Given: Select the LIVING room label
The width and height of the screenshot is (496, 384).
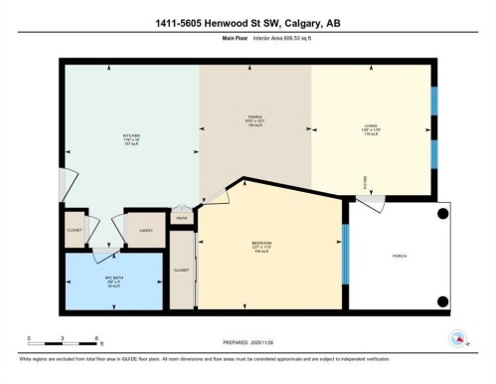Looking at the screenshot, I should (370, 126).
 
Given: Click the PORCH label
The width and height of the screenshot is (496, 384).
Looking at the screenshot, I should (400, 256).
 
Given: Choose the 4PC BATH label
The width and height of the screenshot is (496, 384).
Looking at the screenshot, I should (113, 280).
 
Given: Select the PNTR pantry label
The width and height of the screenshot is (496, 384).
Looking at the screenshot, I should (181, 218).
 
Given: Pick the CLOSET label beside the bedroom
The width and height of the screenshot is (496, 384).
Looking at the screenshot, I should (181, 270).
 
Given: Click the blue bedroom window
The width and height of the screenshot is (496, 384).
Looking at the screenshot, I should (344, 255).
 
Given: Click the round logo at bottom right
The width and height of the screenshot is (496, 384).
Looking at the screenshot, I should (458, 338).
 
